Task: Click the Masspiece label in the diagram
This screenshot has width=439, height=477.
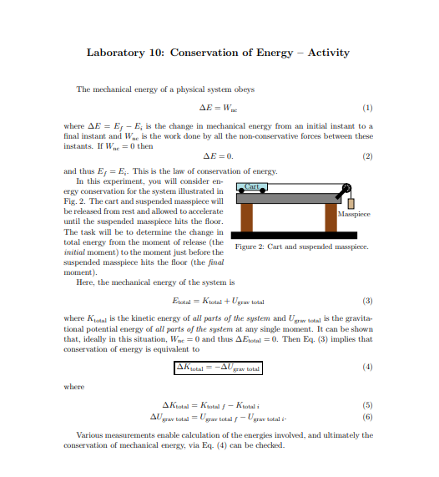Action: pos(355,214)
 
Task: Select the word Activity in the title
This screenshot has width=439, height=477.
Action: pos(334,53)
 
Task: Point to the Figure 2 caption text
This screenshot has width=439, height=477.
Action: pos(302,246)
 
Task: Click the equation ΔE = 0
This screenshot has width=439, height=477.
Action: pos(219,155)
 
